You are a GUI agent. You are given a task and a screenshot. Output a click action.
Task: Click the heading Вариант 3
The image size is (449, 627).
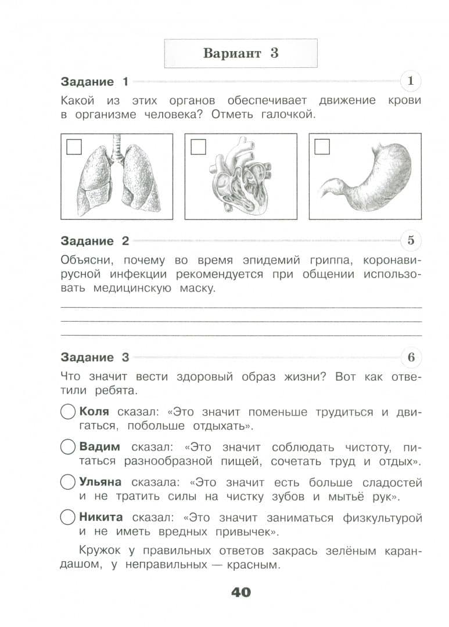click(x=240, y=53)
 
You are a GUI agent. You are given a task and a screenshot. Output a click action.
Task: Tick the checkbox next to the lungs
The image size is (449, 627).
click(x=74, y=147)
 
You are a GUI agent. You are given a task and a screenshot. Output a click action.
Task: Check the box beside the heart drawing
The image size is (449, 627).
click(x=198, y=147)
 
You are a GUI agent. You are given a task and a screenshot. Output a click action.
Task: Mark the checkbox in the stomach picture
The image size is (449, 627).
click(x=322, y=147)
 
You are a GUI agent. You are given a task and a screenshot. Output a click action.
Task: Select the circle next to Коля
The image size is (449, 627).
click(x=68, y=412)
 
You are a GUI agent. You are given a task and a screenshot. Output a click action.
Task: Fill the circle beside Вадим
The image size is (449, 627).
click(x=68, y=447)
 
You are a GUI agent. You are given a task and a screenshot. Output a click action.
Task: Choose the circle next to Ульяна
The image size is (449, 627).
click(x=68, y=482)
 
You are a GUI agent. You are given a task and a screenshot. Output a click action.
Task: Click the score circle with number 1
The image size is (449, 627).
click(x=411, y=81)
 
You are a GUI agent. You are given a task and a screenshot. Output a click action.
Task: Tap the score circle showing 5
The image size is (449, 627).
click(x=411, y=240)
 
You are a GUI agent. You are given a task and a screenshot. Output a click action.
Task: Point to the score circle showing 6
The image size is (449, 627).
click(x=411, y=357)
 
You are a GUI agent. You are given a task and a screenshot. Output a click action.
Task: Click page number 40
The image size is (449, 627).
click(x=241, y=592)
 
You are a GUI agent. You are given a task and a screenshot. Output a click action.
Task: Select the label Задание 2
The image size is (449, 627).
click(x=95, y=241)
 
